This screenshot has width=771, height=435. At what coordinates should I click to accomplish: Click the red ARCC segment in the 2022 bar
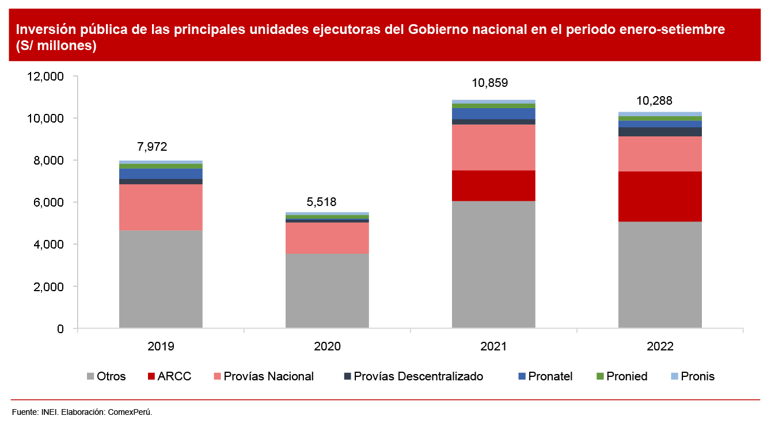point(660,196)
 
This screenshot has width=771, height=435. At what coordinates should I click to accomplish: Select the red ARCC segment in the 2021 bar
point(493,185)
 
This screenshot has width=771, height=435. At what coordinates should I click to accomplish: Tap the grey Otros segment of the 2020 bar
point(327,291)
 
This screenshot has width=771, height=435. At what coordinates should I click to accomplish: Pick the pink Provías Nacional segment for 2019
point(161,207)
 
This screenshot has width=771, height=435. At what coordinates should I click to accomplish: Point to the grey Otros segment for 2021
point(493,264)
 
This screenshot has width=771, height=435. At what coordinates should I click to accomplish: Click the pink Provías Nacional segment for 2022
point(660,154)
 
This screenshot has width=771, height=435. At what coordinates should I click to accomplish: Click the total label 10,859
point(490,83)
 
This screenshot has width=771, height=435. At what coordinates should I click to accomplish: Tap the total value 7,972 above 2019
point(152,147)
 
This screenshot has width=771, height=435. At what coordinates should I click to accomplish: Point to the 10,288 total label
point(654,101)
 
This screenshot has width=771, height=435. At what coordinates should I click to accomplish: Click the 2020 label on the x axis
point(327,346)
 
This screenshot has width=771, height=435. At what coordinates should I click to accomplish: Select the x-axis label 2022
point(660,346)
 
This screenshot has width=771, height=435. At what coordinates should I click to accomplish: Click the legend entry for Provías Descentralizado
point(418,376)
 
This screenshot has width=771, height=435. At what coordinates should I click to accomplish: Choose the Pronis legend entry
point(697,376)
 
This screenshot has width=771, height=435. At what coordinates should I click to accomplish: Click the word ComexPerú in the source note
point(130,412)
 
